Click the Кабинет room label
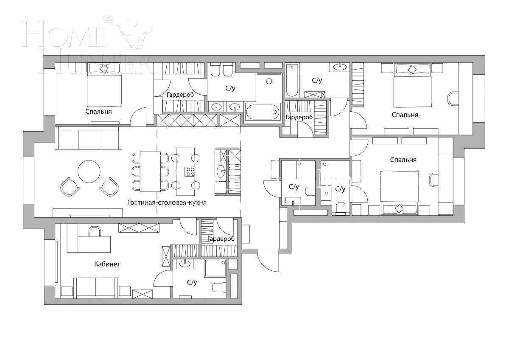coord(107,264)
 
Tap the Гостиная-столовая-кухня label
coord(167,202)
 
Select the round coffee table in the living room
coord(89,171)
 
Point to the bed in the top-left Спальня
coord(104,85)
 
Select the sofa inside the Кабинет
coord(96,287)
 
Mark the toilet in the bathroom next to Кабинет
coord(218,287)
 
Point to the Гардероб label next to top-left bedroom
coord(180,95)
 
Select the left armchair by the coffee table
coord(70,186)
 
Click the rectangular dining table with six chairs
coord(150,172)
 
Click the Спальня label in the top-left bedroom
coord(98,112)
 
